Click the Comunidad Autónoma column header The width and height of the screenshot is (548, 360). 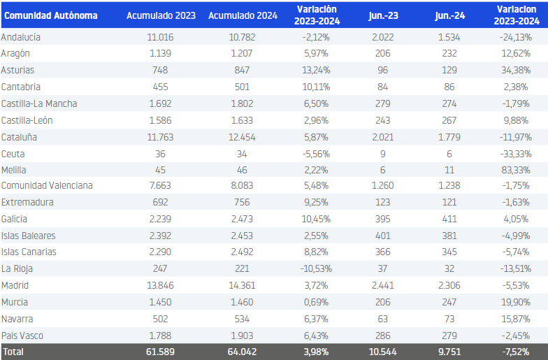click(50, 15)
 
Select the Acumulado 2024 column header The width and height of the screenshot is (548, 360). click(243, 15)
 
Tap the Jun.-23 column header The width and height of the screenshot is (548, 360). click(383, 15)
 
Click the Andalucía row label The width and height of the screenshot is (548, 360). click(21, 37)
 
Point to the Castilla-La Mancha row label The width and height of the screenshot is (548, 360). click(39, 103)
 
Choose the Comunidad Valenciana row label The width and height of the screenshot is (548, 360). click(47, 185)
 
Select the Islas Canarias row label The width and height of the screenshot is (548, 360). click(29, 252)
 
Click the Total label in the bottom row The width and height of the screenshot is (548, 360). click(13, 352)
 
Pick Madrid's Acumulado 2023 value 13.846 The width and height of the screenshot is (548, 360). click(161, 285)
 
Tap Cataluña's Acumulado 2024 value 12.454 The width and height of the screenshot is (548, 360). click(242, 137)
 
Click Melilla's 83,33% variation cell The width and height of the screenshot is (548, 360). click(516, 170)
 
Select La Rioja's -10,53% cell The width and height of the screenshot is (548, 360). click(316, 268)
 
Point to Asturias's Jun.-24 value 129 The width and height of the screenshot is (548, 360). click(449, 70)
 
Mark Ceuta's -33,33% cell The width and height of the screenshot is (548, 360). click(516, 154)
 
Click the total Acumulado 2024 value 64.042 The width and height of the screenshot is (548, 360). click(242, 352)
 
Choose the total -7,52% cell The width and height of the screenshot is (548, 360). click(516, 352)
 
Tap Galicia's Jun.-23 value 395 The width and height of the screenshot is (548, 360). click(383, 219)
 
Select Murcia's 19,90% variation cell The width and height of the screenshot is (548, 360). click(516, 302)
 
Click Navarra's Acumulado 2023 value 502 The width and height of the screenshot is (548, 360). click(161, 319)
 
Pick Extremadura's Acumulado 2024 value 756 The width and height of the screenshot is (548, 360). click(242, 202)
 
